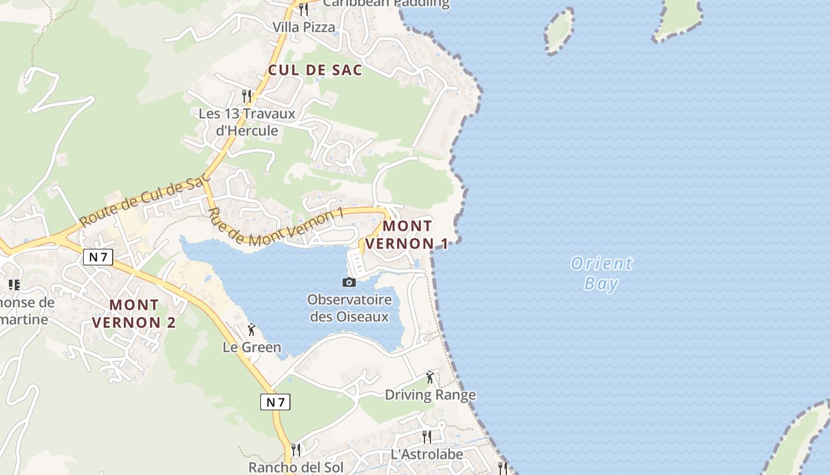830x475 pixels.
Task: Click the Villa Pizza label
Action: coord(304,27)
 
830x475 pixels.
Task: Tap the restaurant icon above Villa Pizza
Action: coord(303,9)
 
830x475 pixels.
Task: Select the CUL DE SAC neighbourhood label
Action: coord(315,70)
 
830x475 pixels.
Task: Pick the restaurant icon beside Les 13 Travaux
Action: coord(247,95)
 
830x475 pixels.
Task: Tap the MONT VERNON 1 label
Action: coord(407,235)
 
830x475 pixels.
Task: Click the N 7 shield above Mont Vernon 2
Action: coord(98,257)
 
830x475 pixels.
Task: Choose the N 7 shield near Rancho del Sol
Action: coord(275,402)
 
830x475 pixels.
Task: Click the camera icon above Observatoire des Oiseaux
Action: coord(349,282)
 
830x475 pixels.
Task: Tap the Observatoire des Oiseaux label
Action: coord(349,308)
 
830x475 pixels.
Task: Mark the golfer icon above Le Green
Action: coord(251,330)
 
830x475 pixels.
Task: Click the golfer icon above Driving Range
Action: coord(430,376)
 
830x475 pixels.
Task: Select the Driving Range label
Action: coord(430,395)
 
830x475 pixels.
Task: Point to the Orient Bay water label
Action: coord(602,273)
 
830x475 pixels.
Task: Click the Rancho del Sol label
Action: coord(296,467)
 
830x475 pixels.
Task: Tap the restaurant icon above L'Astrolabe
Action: coord(427,437)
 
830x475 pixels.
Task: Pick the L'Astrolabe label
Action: coord(427,455)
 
